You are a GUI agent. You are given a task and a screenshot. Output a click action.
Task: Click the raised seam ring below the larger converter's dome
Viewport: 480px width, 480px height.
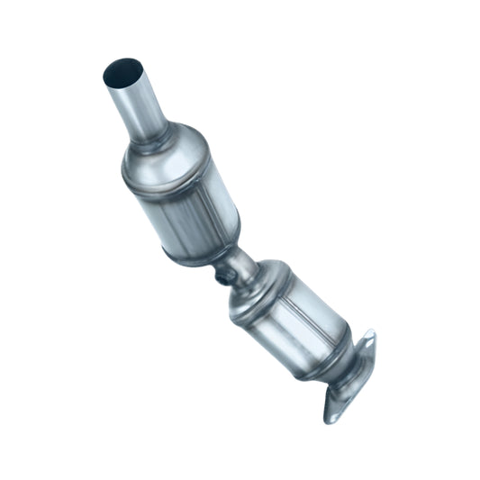[168, 184]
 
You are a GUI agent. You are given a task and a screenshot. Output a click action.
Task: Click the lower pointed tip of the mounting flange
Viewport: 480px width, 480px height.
[331, 420]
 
